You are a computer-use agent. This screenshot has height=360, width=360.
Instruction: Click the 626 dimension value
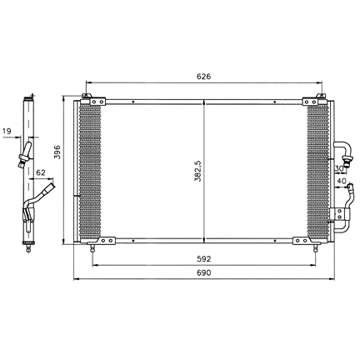click(203, 76)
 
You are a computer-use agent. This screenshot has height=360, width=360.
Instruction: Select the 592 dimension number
click(204, 259)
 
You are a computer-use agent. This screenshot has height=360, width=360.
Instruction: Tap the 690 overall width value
click(204, 272)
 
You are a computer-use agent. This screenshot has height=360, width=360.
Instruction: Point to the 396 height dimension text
click(57, 152)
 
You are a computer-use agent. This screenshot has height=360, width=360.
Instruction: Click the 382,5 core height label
click(197, 171)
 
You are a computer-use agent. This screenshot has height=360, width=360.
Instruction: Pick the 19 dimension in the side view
click(7, 131)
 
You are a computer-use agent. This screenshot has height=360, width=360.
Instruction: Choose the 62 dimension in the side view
click(41, 172)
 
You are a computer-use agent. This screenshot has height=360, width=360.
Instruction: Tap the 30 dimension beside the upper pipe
click(339, 168)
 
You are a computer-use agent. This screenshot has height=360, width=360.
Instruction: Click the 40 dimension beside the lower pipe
click(342, 181)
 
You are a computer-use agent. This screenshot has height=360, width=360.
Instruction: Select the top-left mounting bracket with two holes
click(97, 102)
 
